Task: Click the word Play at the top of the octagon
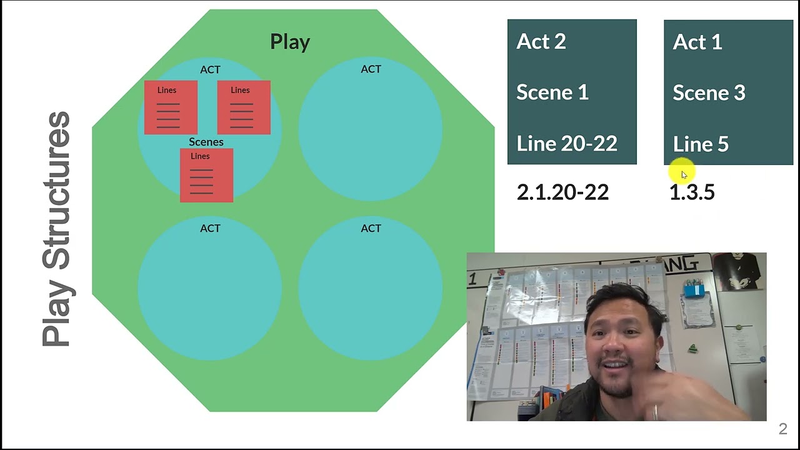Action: point(290,42)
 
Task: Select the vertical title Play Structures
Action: point(56,229)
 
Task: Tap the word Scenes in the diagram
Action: point(206,142)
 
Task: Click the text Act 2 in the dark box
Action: point(541,41)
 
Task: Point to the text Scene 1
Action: point(552,92)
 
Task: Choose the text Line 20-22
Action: point(567,144)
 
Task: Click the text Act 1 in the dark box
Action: point(697,42)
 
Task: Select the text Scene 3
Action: point(709,93)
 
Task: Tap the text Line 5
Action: point(701,144)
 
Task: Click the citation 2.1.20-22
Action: point(562,192)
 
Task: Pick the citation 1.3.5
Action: point(692,192)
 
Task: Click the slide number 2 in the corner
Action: point(783,429)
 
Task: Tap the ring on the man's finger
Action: point(655,412)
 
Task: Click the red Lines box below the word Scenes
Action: point(207,176)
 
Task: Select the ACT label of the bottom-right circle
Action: point(371,228)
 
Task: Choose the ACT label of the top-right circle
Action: point(371,69)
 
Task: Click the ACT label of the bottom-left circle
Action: point(210,228)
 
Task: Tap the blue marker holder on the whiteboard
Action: point(694,289)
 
